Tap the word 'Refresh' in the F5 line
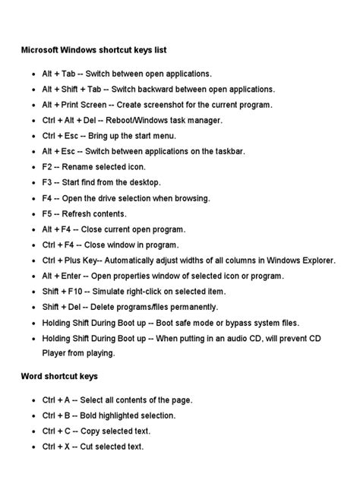83,213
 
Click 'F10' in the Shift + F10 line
75,291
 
